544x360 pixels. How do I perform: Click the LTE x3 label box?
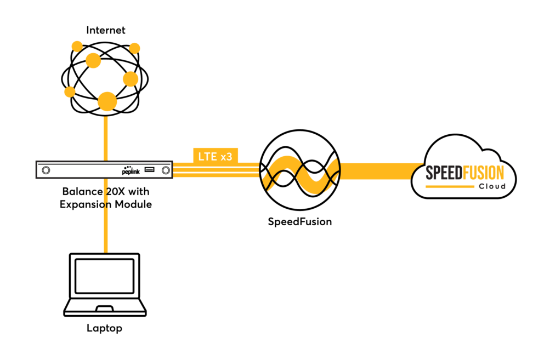pyautogui.click(x=216, y=156)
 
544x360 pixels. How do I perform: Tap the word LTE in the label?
pyautogui.click(x=208, y=156)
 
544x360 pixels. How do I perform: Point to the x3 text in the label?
pyautogui.click(x=226, y=156)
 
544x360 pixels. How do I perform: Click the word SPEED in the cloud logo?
pyautogui.click(x=444, y=174)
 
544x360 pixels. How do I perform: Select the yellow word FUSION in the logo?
pyautogui.click(x=483, y=174)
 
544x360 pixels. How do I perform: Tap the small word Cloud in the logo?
pyautogui.click(x=492, y=186)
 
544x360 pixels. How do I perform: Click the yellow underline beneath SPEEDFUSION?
pyautogui.click(x=450, y=187)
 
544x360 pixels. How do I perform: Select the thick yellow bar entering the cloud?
pyautogui.click(x=378, y=171)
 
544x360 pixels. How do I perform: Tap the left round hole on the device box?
pyautogui.click(x=46, y=170)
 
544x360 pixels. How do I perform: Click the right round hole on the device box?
pyautogui.click(x=166, y=170)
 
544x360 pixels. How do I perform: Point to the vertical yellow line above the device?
pyautogui.click(x=106, y=137)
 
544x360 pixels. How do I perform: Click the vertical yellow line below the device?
pyautogui.click(x=106, y=230)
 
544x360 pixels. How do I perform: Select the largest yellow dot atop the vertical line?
pyautogui.click(x=107, y=101)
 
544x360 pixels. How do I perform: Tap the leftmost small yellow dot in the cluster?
pyautogui.click(x=70, y=92)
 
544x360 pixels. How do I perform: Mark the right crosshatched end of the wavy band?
pyautogui.click(x=332, y=170)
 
